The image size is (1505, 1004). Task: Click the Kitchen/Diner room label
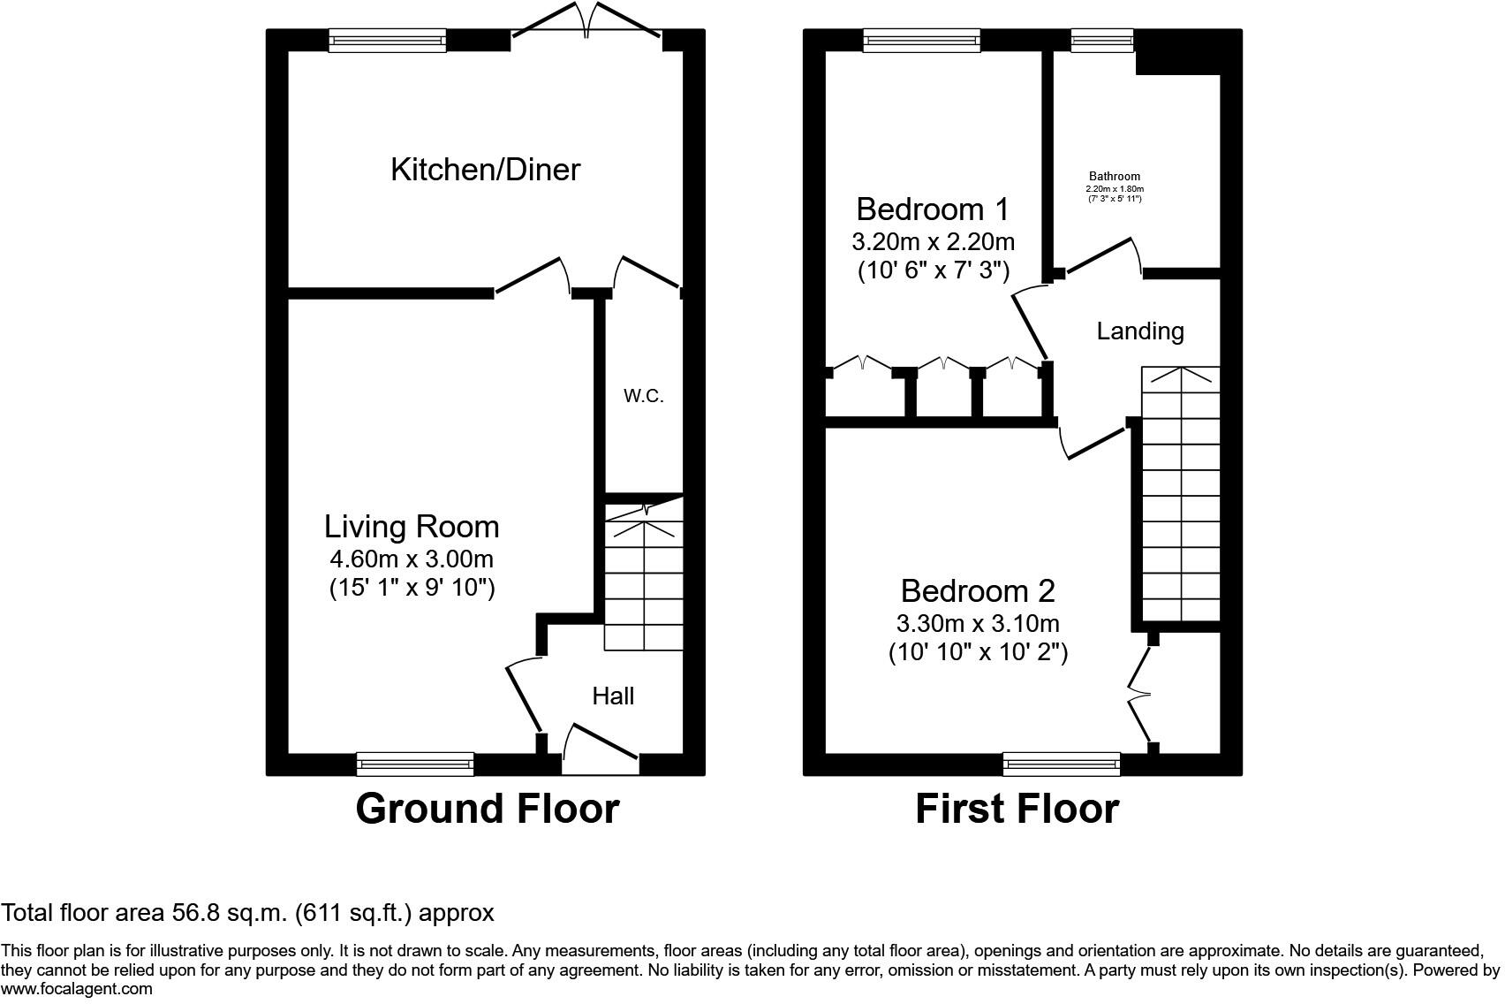click(x=485, y=169)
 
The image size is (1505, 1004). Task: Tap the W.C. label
click(x=643, y=396)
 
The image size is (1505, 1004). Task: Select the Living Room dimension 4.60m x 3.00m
click(x=411, y=559)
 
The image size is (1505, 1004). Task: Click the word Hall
click(x=613, y=696)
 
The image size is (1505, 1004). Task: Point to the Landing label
click(x=1139, y=331)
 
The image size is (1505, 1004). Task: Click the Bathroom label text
click(x=1114, y=177)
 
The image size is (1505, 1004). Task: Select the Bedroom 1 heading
click(x=933, y=209)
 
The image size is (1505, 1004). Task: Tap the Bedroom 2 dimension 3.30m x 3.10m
click(x=977, y=623)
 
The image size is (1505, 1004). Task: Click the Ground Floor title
click(x=487, y=808)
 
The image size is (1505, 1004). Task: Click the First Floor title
click(x=1017, y=808)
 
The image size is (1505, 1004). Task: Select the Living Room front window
click(x=415, y=764)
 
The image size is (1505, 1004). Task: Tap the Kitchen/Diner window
click(x=387, y=40)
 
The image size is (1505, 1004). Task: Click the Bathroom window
click(x=1101, y=40)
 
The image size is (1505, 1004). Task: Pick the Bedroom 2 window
click(x=1062, y=764)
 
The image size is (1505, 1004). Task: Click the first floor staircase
click(x=1181, y=495)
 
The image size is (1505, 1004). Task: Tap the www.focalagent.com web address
click(x=77, y=989)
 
